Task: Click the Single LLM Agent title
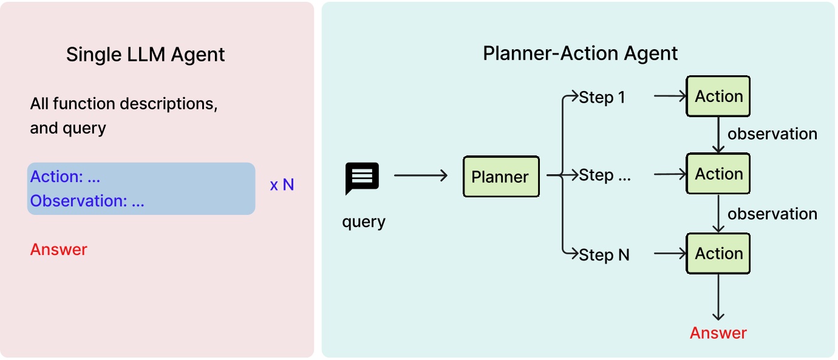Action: tap(145, 55)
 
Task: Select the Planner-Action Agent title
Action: tap(580, 53)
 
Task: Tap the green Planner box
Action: tap(500, 177)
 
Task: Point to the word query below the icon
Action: tap(364, 222)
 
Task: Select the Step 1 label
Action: tap(602, 97)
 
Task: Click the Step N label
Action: tap(604, 255)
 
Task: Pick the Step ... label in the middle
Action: tap(605, 175)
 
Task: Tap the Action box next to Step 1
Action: tap(718, 97)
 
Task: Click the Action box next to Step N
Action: tap(718, 253)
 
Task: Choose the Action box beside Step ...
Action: tap(718, 174)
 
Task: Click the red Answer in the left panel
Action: tap(59, 250)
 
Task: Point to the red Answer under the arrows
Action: tap(718, 333)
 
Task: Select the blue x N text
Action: tap(282, 185)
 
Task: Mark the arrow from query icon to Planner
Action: tap(420, 176)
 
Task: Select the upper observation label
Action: tap(772, 134)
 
